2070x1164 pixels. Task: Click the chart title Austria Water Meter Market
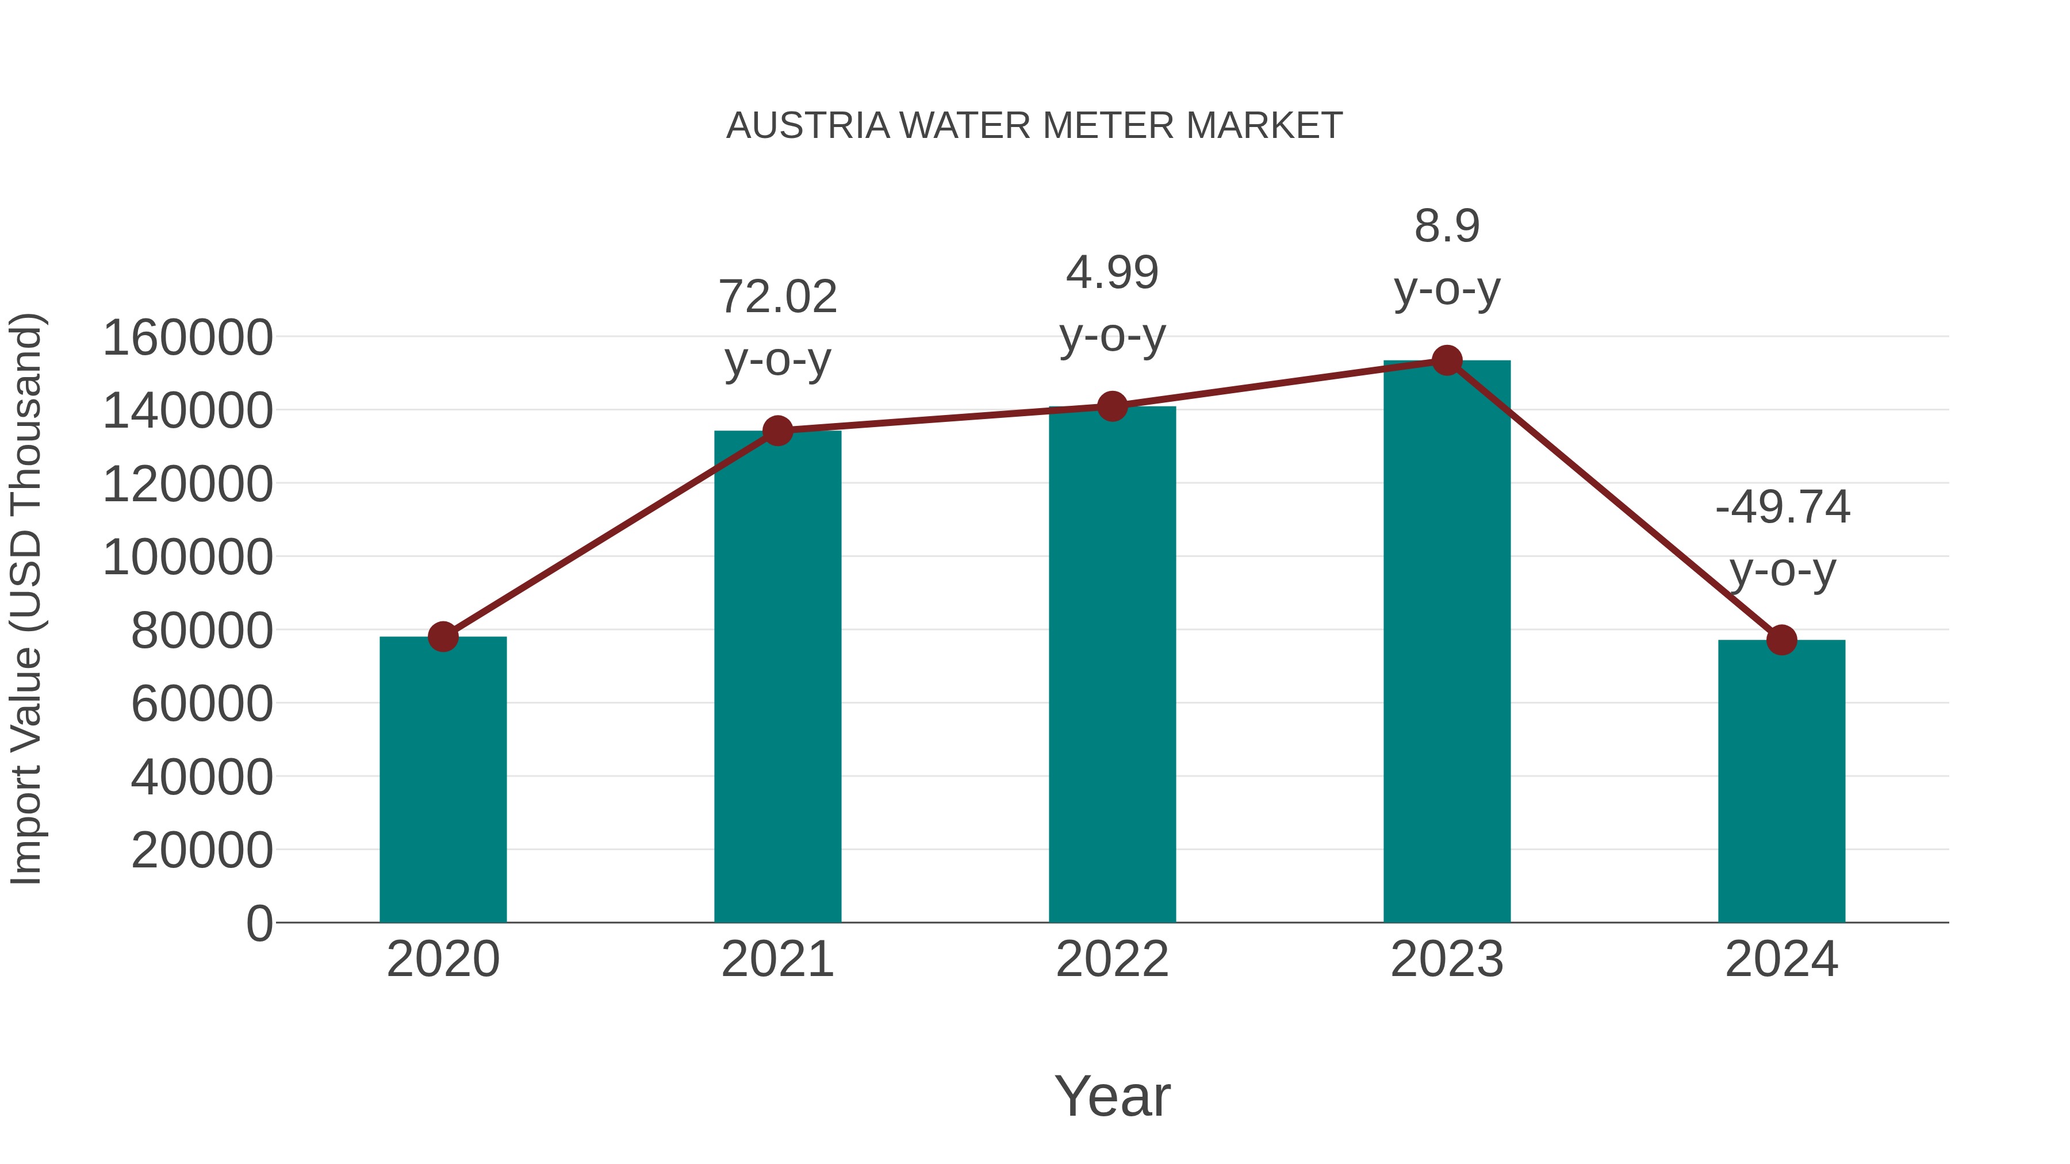pyautogui.click(x=1034, y=126)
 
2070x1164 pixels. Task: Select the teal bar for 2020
pyautogui.click(x=443, y=779)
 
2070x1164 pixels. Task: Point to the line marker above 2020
pyautogui.click(x=443, y=636)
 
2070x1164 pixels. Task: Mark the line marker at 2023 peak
pyautogui.click(x=1447, y=360)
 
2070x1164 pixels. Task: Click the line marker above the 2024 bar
pyautogui.click(x=1781, y=640)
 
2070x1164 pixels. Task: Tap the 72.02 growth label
pyautogui.click(x=777, y=297)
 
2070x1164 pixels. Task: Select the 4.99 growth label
pyautogui.click(x=1112, y=273)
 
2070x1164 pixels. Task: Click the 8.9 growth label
pyautogui.click(x=1447, y=226)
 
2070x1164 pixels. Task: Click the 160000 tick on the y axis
pyautogui.click(x=187, y=337)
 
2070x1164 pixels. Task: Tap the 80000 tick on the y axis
pyautogui.click(x=202, y=631)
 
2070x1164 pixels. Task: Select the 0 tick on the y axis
pyautogui.click(x=259, y=923)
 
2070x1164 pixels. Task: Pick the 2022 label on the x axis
pyautogui.click(x=1112, y=959)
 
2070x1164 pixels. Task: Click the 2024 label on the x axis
pyautogui.click(x=1781, y=959)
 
